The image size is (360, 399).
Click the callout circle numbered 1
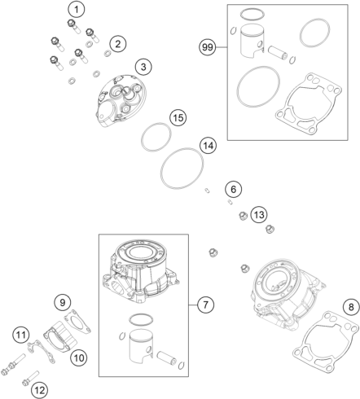pos(76,10)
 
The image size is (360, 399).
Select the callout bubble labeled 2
pos(118,43)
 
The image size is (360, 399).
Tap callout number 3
pos(143,66)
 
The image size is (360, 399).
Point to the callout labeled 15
pos(178,117)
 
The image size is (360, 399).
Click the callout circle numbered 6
pos(233,190)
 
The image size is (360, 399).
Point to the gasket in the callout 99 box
pos(307,102)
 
